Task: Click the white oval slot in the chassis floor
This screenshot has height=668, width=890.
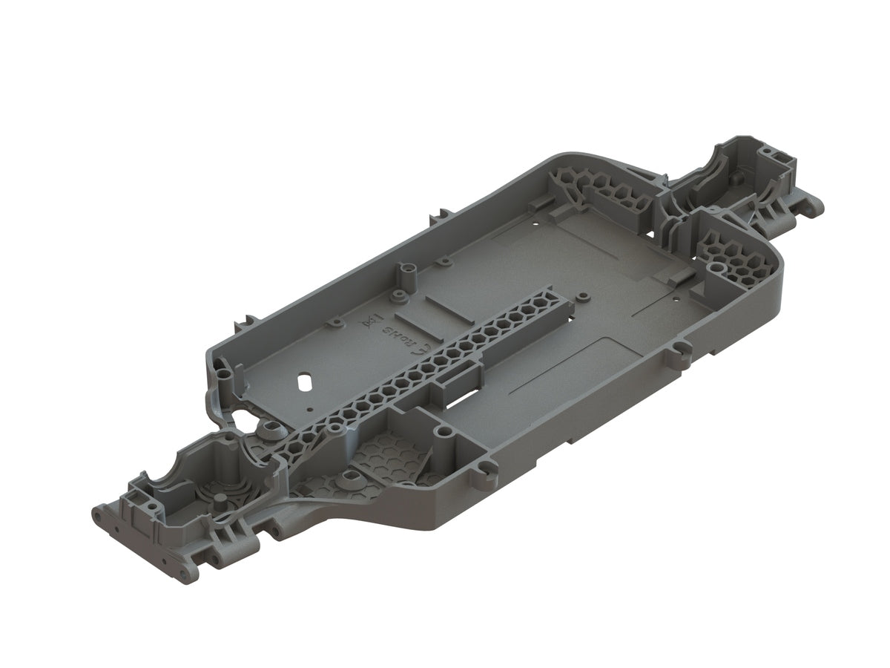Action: pyautogui.click(x=303, y=379)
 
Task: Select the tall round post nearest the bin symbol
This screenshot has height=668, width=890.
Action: pyautogui.click(x=405, y=274)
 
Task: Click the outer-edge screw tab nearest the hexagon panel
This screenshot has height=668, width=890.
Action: pyautogui.click(x=486, y=467)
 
